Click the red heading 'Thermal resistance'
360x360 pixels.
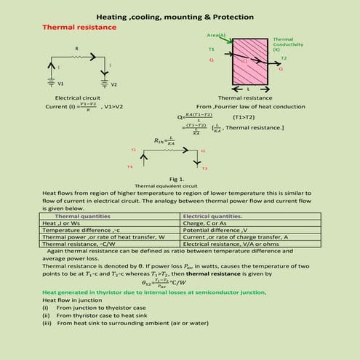(79, 27)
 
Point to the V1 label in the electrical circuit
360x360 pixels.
(60, 84)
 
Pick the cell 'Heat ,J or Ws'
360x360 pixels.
(65, 223)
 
